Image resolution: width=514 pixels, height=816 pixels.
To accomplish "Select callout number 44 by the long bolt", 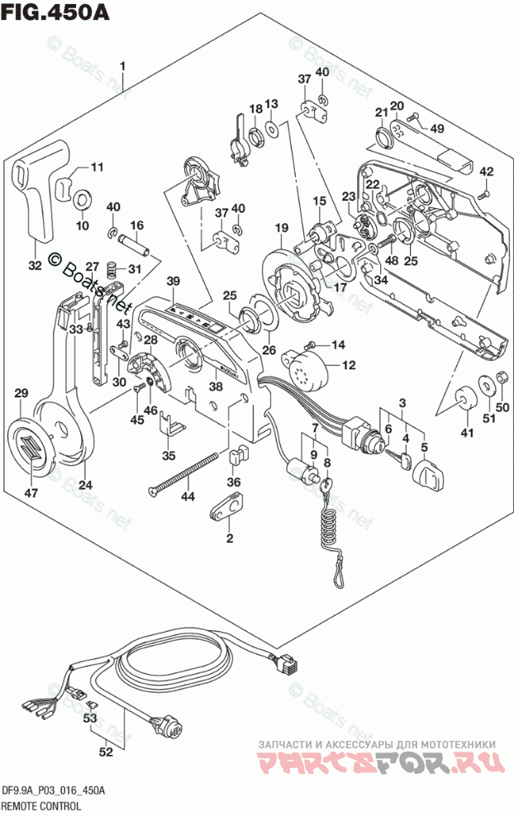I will pos(188,497).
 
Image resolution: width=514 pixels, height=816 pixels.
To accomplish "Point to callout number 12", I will pos(348,365).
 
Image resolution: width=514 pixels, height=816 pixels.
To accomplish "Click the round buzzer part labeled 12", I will pos(303,367).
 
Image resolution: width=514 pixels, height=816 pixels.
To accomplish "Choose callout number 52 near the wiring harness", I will pos(106,752).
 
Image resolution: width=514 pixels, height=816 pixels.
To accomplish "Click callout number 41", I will pos(468,433).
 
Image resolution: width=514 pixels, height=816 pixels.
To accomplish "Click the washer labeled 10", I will pos(83,199).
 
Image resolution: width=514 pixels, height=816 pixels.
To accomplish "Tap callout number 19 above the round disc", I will pos(282,228).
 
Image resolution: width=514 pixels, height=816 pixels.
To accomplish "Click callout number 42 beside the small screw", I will pos(487,172).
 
